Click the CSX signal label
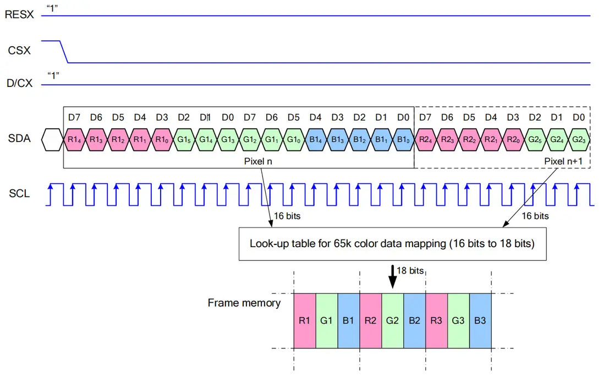pyautogui.click(x=19, y=51)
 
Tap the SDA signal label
pyautogui.click(x=20, y=139)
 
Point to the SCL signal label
pyautogui.click(x=19, y=194)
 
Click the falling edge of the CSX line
pyautogui.click(x=63, y=52)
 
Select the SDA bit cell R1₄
pyautogui.click(x=74, y=139)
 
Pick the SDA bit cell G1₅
pyautogui.click(x=184, y=139)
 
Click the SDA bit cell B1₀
pyautogui.click(x=403, y=139)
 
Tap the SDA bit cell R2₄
pyautogui.click(x=425, y=139)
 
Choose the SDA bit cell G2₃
pyautogui.click(x=579, y=139)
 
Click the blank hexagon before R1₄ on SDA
pyautogui.click(x=52, y=139)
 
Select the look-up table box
pyautogui.click(x=392, y=243)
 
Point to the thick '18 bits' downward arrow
pyautogui.click(x=392, y=276)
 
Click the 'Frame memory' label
pyautogui.click(x=244, y=303)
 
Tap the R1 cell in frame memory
pyautogui.click(x=304, y=320)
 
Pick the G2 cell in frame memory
pyautogui.click(x=392, y=320)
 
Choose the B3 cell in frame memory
pyautogui.click(x=480, y=320)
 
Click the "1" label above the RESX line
pyautogui.click(x=53, y=8)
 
